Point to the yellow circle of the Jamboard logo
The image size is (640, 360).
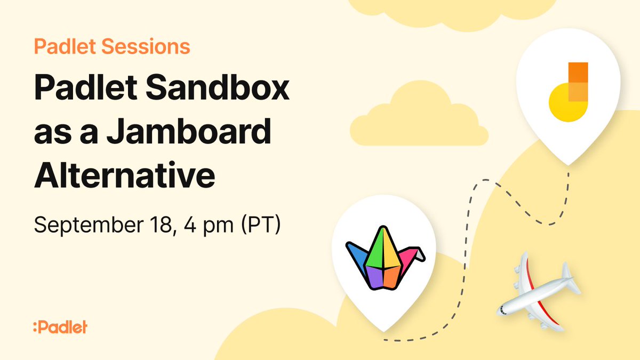pyautogui.click(x=564, y=104)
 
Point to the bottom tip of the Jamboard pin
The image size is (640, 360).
pyautogui.click(x=569, y=163)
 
